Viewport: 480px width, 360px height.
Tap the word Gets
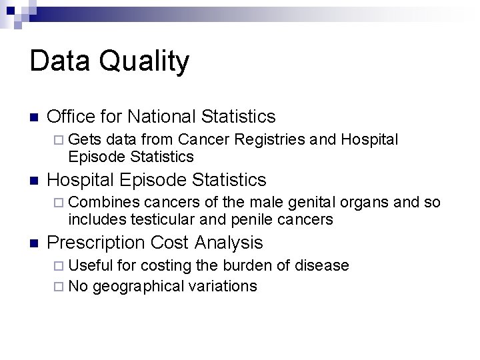(85, 139)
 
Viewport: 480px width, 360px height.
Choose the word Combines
(103, 202)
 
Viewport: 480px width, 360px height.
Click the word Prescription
(97, 243)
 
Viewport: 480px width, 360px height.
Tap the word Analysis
(233, 243)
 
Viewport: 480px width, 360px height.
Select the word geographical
(137, 287)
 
